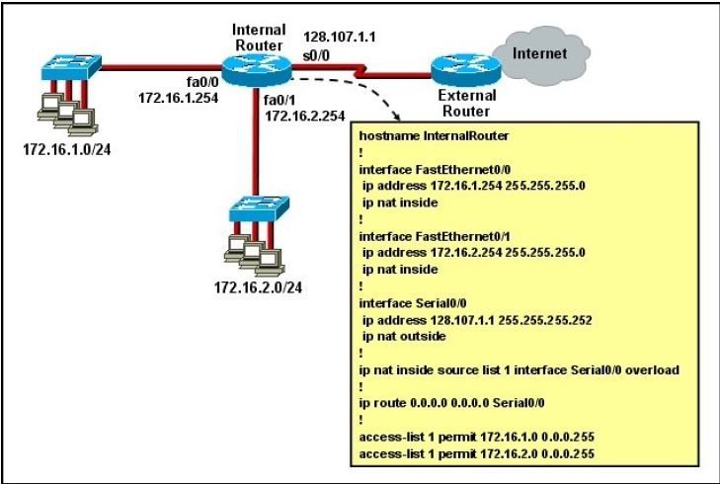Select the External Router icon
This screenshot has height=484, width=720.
(460, 69)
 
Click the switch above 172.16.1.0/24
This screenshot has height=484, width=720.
(70, 68)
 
